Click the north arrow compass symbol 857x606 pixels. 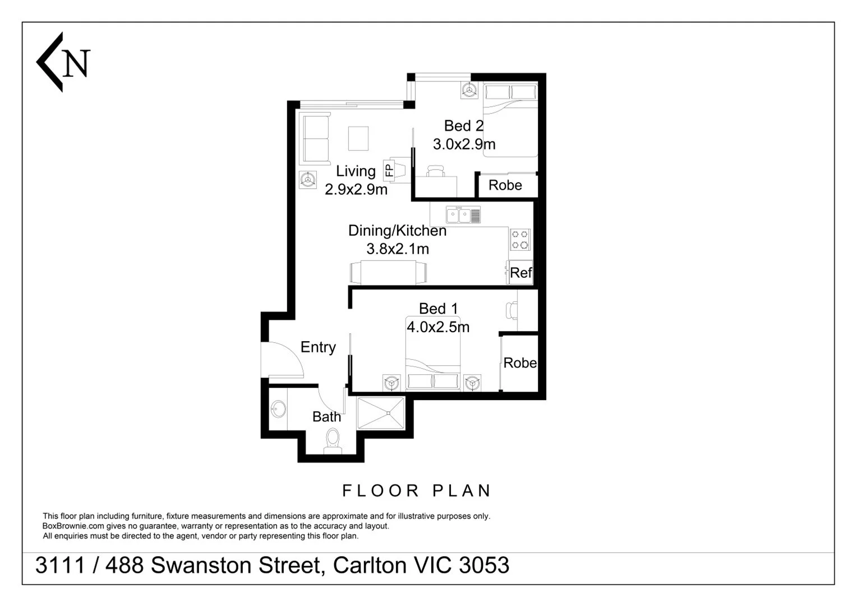(62, 62)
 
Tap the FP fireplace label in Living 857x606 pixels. (389, 169)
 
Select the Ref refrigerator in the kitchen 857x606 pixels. (520, 273)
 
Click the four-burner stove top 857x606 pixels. (520, 240)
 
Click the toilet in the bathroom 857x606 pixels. (333, 440)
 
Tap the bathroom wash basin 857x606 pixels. (278, 409)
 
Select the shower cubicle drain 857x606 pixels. (388, 413)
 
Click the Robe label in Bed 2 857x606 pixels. (505, 185)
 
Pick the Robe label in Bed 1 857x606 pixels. (519, 363)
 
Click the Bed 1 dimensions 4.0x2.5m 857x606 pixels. (438, 327)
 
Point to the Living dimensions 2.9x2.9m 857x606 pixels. (356, 190)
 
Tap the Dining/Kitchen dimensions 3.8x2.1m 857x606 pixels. (398, 249)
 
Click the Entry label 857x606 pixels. (318, 347)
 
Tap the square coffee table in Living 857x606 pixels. (358, 139)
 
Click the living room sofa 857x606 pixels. (314, 139)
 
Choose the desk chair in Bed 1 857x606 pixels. (511, 310)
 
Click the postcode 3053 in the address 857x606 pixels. (484, 566)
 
